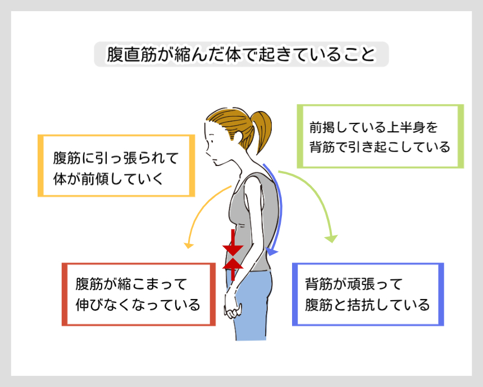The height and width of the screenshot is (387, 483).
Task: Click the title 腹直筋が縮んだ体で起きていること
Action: (x=240, y=55)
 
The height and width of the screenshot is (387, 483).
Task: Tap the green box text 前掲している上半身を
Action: (x=372, y=127)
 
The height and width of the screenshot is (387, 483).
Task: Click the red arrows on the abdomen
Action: (x=233, y=256)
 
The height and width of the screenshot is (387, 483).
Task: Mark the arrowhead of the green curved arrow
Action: (x=331, y=238)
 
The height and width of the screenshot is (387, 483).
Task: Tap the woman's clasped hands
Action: (x=232, y=307)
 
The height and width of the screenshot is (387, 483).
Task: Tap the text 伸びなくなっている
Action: (x=138, y=305)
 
